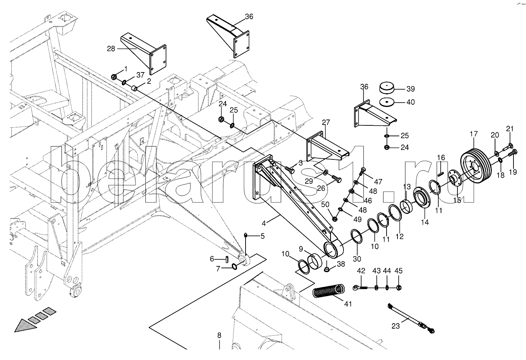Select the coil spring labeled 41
(329, 293)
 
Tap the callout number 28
(111, 49)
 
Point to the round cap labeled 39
(386, 89)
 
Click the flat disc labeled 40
(386, 102)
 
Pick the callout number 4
(264, 223)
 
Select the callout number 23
(396, 326)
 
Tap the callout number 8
(219, 335)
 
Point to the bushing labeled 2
(134, 89)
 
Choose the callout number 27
(326, 122)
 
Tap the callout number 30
(357, 259)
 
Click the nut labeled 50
(335, 219)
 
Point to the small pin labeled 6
(227, 260)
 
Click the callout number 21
(510, 128)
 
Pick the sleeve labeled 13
(408, 206)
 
